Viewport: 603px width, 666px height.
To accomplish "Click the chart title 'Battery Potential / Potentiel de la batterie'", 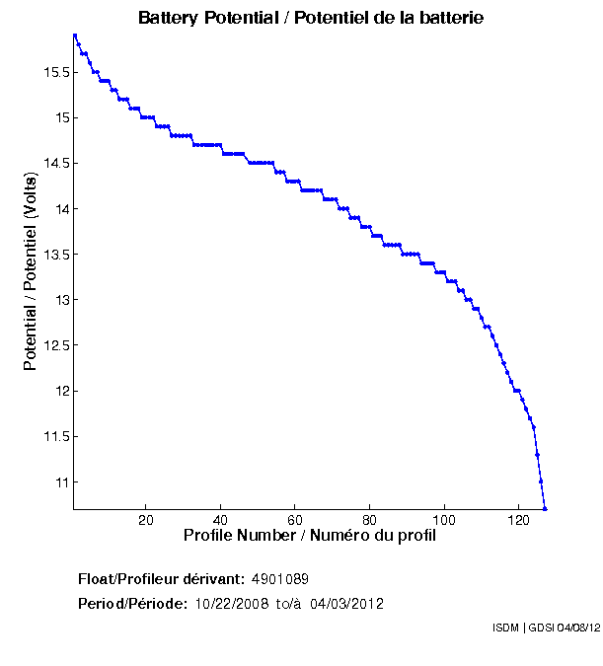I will point(311,19).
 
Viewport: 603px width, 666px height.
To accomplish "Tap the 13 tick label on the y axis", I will point(60,300).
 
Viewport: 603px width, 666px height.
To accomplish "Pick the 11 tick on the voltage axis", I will point(60,482).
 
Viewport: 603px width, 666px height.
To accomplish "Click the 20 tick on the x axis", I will point(146,521).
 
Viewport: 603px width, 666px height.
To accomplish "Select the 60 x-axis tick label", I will point(295,521).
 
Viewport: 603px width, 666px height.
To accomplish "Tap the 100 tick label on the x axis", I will point(444,521).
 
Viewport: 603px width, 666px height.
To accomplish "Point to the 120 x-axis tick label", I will point(519,521).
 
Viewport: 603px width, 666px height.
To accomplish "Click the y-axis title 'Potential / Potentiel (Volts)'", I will point(31,271).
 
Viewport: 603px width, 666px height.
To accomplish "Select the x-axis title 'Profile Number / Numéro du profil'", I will point(310,536).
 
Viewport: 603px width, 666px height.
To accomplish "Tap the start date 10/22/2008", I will point(230,604).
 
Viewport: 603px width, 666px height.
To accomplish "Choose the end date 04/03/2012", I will point(346,604).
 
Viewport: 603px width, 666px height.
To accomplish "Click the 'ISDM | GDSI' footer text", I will point(523,628).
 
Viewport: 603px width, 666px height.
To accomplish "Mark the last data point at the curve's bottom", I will point(545,508).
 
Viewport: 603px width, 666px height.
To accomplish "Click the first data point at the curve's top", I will point(74,36).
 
